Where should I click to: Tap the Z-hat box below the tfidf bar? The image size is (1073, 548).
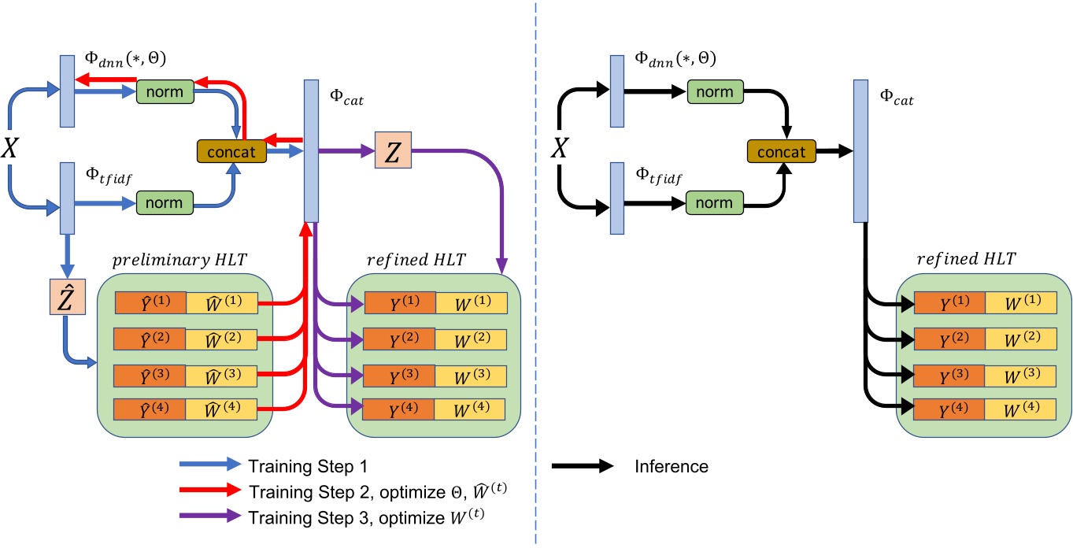click(x=66, y=299)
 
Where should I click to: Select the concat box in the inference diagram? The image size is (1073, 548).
click(x=781, y=151)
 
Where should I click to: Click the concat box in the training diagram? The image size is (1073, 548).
click(x=231, y=151)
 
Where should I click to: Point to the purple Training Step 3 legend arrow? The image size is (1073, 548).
click(x=208, y=518)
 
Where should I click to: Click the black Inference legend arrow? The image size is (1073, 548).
click(x=582, y=466)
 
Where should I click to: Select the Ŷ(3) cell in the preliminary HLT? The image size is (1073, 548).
click(x=150, y=374)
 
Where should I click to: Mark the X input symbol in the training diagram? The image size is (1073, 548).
click(x=10, y=149)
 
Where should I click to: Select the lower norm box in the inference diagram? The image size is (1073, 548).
click(x=714, y=202)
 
